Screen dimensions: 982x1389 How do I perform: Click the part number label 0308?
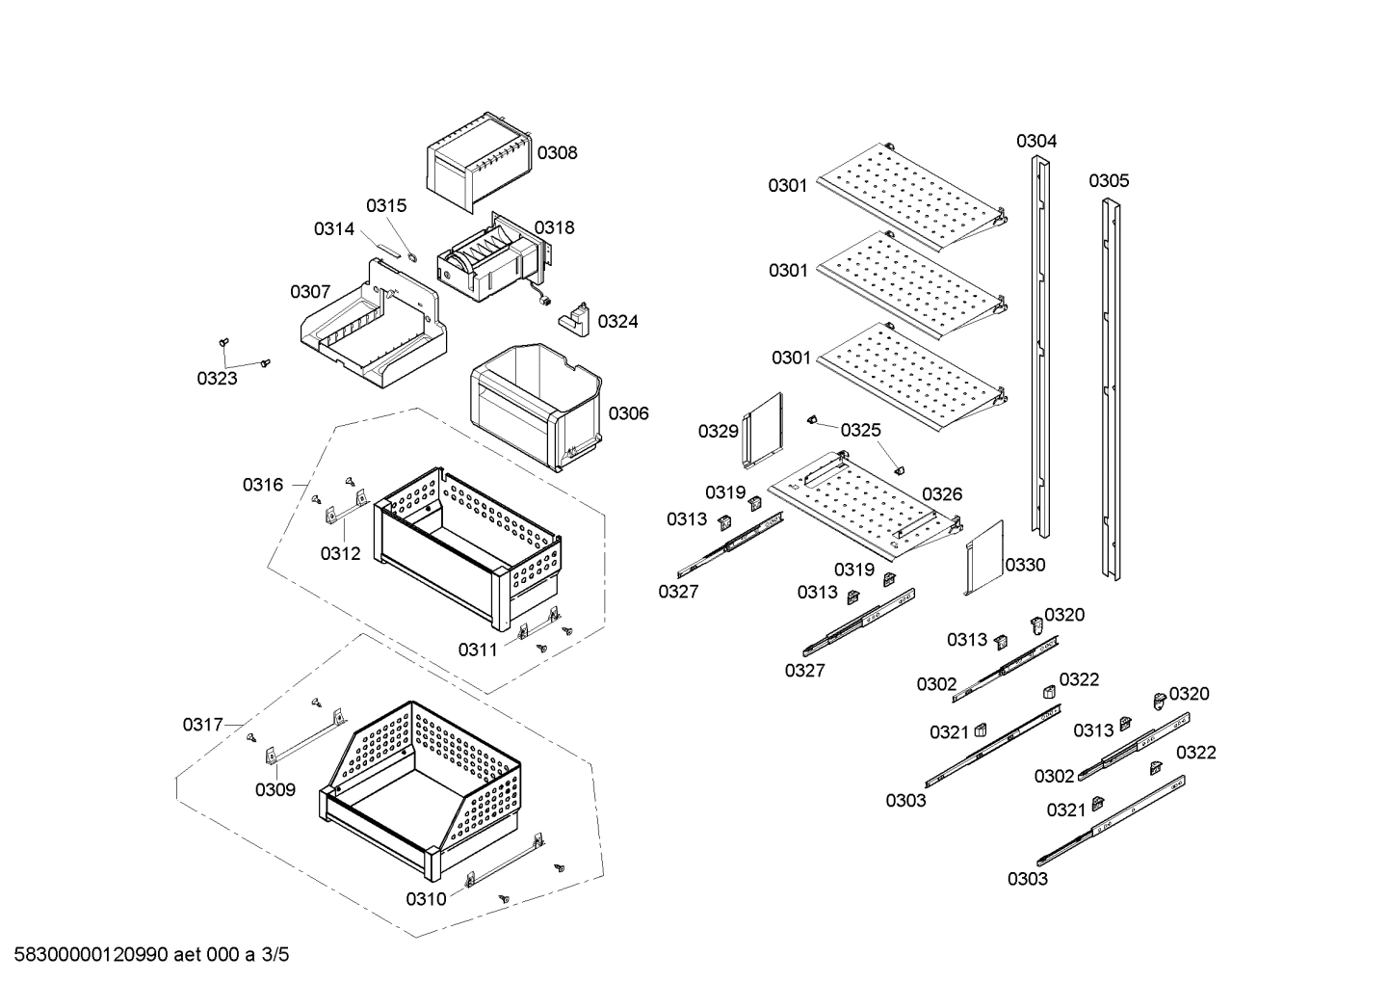[x=557, y=152]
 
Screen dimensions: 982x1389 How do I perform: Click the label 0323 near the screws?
[x=217, y=379]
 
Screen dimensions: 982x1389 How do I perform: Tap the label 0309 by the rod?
[x=275, y=790]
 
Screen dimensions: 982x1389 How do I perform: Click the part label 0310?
[x=425, y=899]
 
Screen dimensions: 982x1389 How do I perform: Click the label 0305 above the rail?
[x=1109, y=181]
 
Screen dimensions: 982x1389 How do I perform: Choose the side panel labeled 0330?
[x=983, y=559]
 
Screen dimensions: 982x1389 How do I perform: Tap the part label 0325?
[x=860, y=430]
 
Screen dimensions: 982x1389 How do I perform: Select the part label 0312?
[x=340, y=553]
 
